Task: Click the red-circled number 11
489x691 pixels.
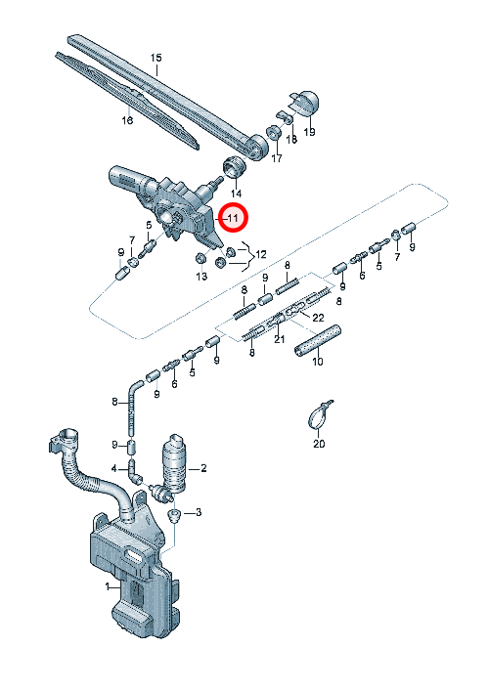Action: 233,218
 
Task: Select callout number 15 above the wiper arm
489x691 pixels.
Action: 156,58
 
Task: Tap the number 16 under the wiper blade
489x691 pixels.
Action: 127,119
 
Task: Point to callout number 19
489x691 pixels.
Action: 310,131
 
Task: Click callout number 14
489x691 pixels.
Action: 236,193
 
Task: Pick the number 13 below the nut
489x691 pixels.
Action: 201,277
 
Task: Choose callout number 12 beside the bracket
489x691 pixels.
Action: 261,254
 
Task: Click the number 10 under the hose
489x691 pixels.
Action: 318,362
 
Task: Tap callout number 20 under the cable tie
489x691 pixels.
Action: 319,444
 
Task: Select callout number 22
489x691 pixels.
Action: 318,318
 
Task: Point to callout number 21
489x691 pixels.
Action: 280,339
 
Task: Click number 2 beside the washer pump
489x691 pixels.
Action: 203,468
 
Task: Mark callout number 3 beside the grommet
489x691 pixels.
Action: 199,512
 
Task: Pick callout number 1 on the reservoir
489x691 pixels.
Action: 108,586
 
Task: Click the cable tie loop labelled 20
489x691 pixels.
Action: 318,415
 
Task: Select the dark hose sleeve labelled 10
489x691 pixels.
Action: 318,340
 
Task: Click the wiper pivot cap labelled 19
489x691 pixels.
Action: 304,104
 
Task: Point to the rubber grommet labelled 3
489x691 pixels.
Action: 175,514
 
